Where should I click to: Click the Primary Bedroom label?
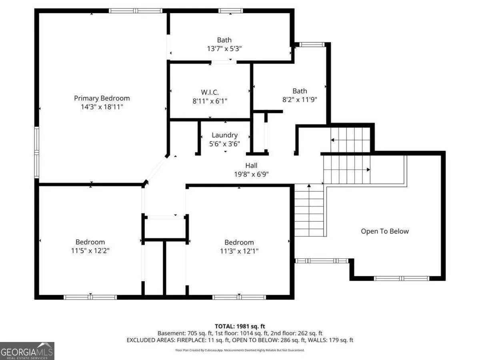pyautogui.click(x=102, y=98)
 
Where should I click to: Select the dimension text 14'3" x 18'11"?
pyautogui.click(x=102, y=107)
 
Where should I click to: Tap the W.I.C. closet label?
pyautogui.click(x=210, y=92)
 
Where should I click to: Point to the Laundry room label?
pyautogui.click(x=224, y=135)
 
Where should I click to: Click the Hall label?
pyautogui.click(x=251, y=166)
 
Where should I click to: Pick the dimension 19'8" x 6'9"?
pyautogui.click(x=251, y=174)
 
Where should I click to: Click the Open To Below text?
pyautogui.click(x=385, y=231)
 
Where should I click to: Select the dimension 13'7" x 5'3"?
pyautogui.click(x=224, y=48)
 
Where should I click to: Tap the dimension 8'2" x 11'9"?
pyautogui.click(x=300, y=100)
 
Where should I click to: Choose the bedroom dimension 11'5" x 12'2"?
pyautogui.click(x=90, y=250)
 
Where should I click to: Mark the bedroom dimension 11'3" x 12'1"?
pyautogui.click(x=239, y=251)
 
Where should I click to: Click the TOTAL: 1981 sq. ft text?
pyautogui.click(x=240, y=326)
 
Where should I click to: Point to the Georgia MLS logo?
pyautogui.click(x=27, y=351)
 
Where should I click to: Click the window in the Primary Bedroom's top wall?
pyautogui.click(x=136, y=11)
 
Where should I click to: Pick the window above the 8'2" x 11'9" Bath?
pyautogui.click(x=312, y=44)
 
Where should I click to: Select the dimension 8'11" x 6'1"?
pyautogui.click(x=210, y=101)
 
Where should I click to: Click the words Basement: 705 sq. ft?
pyautogui.click(x=185, y=333)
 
